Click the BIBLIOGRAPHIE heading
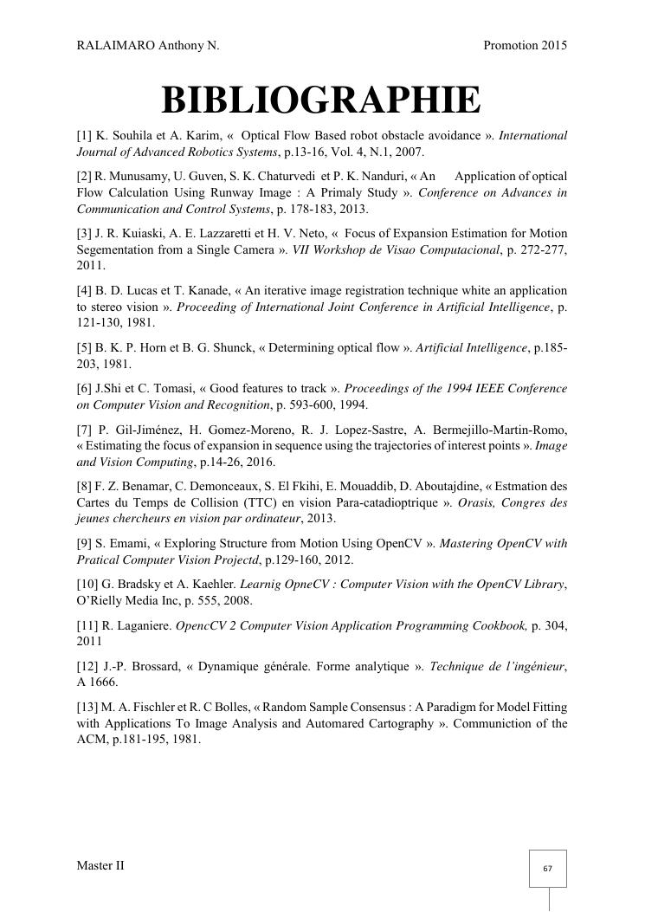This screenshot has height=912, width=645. coord(321,100)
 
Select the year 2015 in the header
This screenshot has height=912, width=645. coord(551,45)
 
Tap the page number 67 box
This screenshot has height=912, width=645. coord(547,869)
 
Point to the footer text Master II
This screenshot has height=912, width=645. coord(100,865)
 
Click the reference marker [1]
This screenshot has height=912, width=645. coord(84,136)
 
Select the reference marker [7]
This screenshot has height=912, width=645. coord(85,430)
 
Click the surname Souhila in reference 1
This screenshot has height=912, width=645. coord(132,136)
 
